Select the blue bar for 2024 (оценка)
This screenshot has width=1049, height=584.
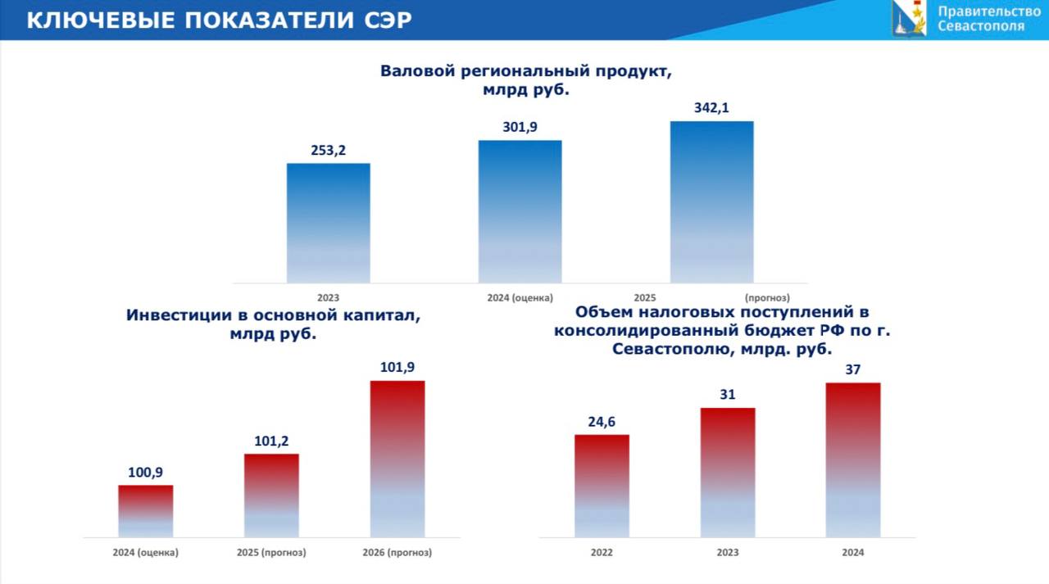click(520, 211)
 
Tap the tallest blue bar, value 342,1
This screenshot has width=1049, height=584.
click(711, 201)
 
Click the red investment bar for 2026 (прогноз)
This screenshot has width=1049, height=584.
click(397, 459)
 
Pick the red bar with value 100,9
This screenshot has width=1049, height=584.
click(145, 511)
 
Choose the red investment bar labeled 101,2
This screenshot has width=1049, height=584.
click(271, 496)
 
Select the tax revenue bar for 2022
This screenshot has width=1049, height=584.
click(602, 486)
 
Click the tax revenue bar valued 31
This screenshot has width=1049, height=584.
click(728, 473)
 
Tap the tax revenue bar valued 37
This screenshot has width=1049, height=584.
click(853, 460)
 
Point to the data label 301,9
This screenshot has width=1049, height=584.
click(520, 127)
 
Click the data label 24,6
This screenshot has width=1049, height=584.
click(602, 422)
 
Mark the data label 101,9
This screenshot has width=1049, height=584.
click(397, 367)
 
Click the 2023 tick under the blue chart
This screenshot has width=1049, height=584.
click(328, 297)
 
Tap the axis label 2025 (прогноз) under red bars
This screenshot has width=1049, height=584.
click(271, 552)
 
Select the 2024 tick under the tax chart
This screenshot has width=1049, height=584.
click(853, 552)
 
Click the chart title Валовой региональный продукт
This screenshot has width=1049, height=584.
click(525, 71)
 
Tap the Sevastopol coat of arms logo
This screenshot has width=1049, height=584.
click(909, 18)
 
